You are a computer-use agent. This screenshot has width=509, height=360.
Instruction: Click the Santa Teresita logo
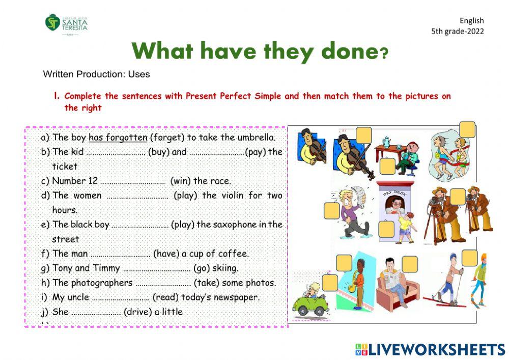coord(67,24)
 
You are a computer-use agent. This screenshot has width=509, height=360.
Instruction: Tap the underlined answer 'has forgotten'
coord(118,137)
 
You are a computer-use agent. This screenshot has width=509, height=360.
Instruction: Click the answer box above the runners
coord(467,129)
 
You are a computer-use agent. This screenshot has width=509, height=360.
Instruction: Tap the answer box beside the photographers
coord(458,196)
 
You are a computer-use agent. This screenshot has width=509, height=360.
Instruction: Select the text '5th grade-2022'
coord(457,31)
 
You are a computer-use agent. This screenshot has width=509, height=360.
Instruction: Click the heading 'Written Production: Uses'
coord(97,74)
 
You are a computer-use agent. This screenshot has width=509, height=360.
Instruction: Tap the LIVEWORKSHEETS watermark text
coord(436,349)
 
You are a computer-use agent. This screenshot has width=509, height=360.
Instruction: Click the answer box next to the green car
coord(330,282)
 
